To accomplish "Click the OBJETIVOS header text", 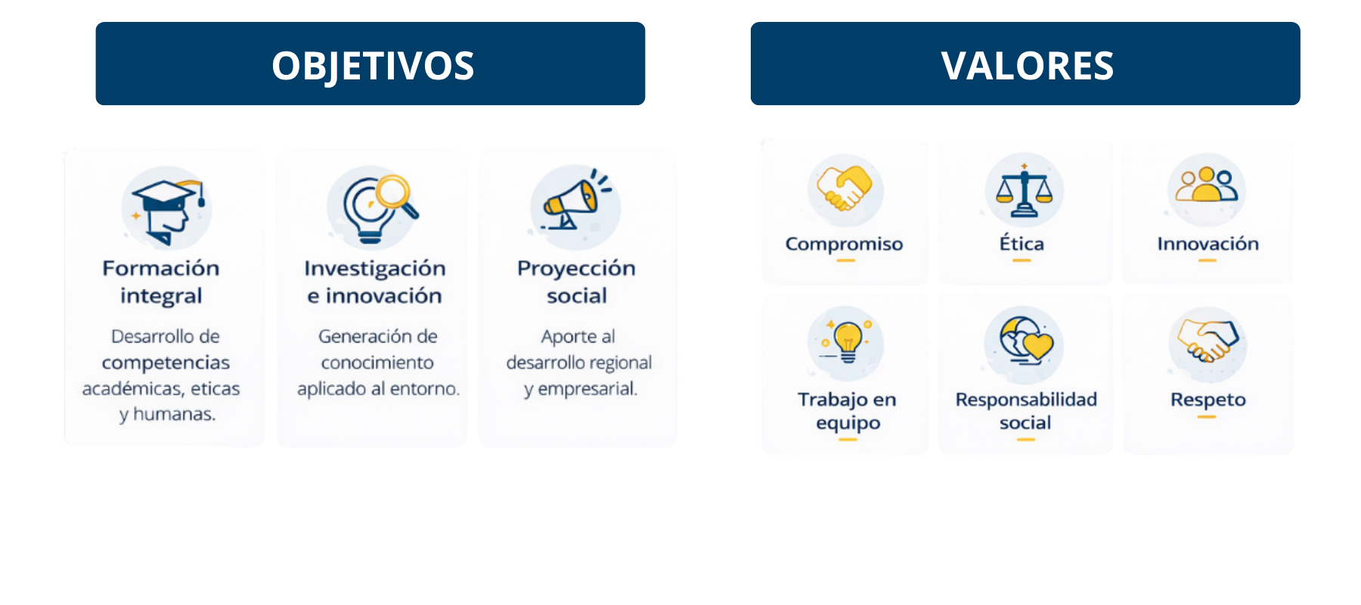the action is click(x=373, y=66).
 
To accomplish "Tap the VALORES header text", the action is click(x=1028, y=66).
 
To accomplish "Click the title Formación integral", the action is click(x=161, y=281).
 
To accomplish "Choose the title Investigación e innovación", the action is click(x=374, y=281).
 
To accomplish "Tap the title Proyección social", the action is click(x=576, y=281).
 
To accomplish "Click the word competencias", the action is click(x=166, y=363).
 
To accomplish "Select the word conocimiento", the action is click(x=377, y=362).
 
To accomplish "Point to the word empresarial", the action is click(x=587, y=389).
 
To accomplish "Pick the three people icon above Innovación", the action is click(x=1207, y=185).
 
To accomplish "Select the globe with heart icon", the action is click(x=1025, y=341).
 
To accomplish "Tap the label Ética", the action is click(x=1022, y=243).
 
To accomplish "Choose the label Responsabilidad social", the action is click(x=1026, y=411).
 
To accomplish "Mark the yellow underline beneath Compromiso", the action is click(x=845, y=260).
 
